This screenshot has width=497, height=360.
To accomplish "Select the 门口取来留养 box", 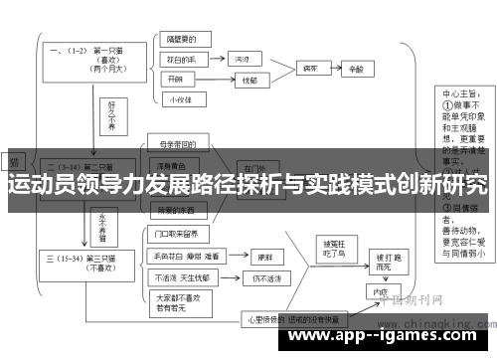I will [181, 236].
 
